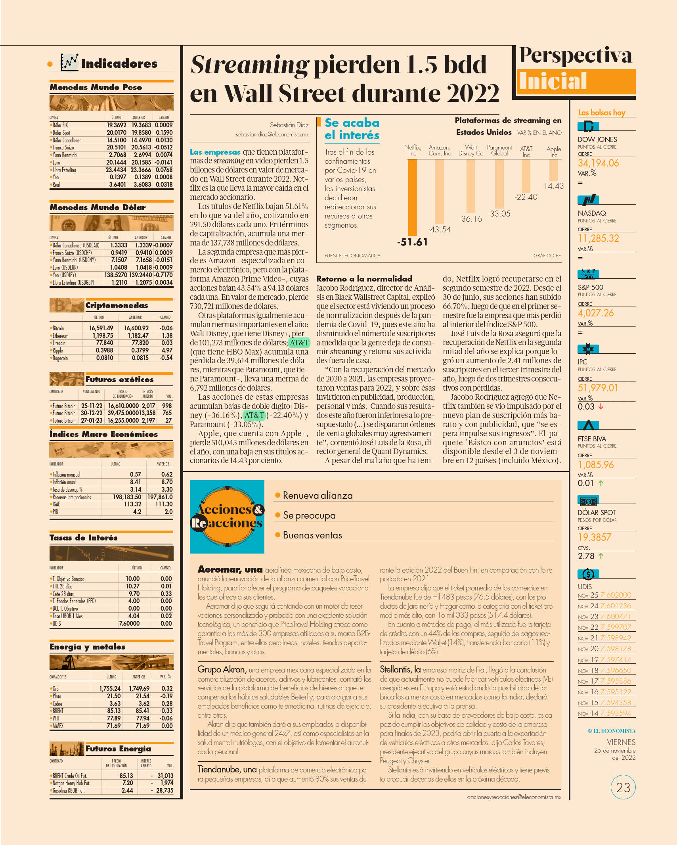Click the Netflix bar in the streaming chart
412,197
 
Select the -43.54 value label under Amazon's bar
439,230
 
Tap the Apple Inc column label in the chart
554,151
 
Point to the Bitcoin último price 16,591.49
101,328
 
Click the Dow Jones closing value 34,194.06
598,163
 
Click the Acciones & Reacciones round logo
227,516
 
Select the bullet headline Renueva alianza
317,495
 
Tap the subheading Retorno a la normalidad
364,279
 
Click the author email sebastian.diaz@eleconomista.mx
272,134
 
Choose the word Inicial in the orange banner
553,81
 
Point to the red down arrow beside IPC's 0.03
601,406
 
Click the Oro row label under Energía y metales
55,689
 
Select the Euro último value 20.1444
116,162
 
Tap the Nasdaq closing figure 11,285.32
598,238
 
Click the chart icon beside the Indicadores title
69,62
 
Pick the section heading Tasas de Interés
84,538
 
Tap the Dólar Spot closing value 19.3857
595,537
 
